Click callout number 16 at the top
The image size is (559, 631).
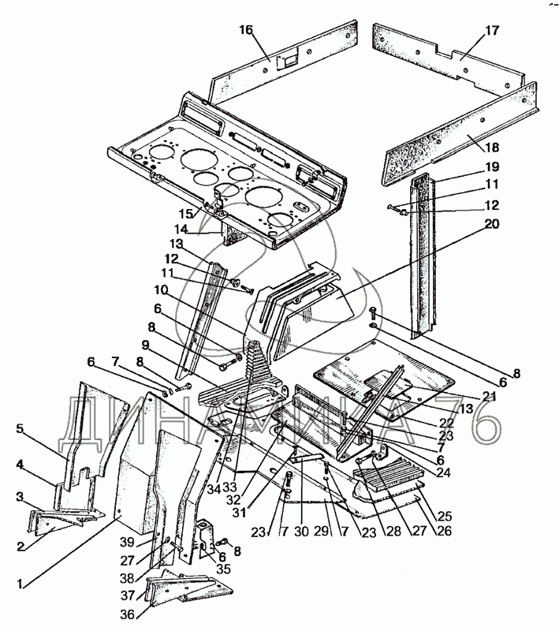point(246,29)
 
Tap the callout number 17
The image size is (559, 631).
point(492,31)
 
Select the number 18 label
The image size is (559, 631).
point(491,147)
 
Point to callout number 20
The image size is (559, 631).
point(491,224)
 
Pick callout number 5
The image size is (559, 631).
point(20,428)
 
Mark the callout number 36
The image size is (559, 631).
point(127,615)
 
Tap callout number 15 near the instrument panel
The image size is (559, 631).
point(186,214)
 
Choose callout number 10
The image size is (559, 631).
point(162,289)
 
